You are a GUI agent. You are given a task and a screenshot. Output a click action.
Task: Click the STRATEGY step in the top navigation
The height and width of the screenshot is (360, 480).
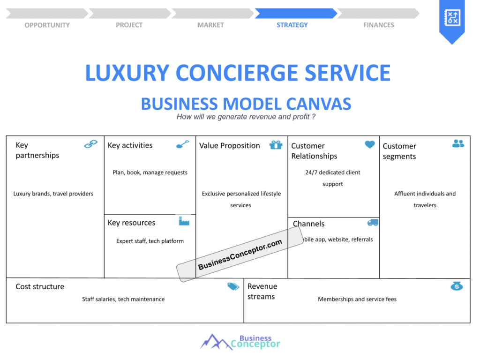pyautogui.click(x=292, y=25)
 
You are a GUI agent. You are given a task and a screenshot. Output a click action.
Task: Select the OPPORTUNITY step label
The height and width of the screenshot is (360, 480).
pyautogui.click(x=47, y=25)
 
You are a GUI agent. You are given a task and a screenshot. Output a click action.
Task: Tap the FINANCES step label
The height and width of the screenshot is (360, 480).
pyautogui.click(x=378, y=25)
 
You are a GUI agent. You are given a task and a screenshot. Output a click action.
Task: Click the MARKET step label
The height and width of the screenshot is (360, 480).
pyautogui.click(x=210, y=25)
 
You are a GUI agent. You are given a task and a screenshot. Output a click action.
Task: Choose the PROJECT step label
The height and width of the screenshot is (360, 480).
pyautogui.click(x=129, y=25)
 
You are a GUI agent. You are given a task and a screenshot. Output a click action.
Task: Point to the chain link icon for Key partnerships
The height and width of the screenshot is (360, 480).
pyautogui.click(x=90, y=144)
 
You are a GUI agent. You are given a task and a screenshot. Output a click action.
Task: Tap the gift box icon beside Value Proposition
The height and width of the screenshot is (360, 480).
pyautogui.click(x=276, y=145)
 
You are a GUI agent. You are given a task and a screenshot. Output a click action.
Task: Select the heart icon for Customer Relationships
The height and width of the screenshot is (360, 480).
pyautogui.click(x=370, y=144)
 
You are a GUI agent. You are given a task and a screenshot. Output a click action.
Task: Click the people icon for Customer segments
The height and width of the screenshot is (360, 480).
pyautogui.click(x=458, y=143)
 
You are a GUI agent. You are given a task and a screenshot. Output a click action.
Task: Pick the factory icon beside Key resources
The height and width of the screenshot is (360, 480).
pyautogui.click(x=184, y=221)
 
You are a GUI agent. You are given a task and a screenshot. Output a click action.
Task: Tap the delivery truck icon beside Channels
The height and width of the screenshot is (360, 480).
pyautogui.click(x=373, y=223)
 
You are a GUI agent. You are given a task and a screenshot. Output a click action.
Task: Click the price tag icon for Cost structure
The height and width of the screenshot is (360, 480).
pyautogui.click(x=233, y=286)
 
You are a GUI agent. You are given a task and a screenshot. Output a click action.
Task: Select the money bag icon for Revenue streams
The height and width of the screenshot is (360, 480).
pyautogui.click(x=457, y=286)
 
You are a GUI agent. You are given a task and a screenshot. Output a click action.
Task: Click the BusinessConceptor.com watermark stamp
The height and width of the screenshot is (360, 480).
pyautogui.click(x=240, y=255)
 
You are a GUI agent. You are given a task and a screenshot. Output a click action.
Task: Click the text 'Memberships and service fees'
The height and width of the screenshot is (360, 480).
pyautogui.click(x=357, y=299)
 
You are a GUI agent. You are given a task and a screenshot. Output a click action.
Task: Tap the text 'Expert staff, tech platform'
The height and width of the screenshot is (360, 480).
pyautogui.click(x=150, y=241)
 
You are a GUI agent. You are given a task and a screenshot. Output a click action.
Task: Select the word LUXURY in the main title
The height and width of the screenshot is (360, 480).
pyautogui.click(x=127, y=73)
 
